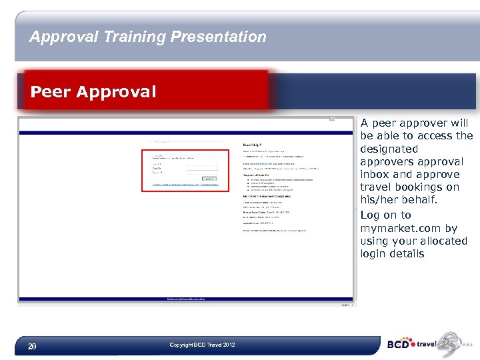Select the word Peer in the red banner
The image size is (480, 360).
51,91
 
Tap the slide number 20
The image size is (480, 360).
31,346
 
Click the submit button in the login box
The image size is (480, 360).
209,178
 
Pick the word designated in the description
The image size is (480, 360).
389,149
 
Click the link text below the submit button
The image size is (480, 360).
176,185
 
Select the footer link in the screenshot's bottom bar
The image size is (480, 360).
186,299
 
